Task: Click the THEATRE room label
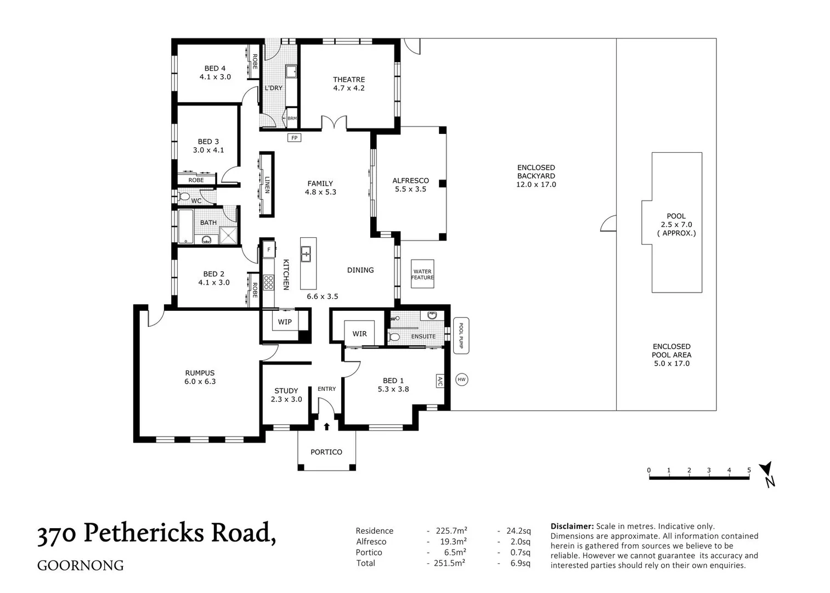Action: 349,80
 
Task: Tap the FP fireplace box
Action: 294,138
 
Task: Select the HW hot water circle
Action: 461,379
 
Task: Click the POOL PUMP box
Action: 461,335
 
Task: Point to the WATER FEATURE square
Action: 422,274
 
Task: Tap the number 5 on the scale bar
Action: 749,470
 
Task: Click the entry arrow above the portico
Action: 326,427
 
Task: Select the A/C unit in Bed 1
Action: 439,381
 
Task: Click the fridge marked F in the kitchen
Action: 269,250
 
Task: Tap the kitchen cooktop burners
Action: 268,282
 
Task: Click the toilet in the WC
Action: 184,196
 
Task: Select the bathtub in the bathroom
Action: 185,227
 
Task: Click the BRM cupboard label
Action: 292,118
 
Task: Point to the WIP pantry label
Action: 285,322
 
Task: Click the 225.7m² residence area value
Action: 451,531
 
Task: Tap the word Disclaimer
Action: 572,526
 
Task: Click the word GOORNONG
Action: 81,566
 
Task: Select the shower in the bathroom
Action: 228,235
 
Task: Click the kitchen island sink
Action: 306,254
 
